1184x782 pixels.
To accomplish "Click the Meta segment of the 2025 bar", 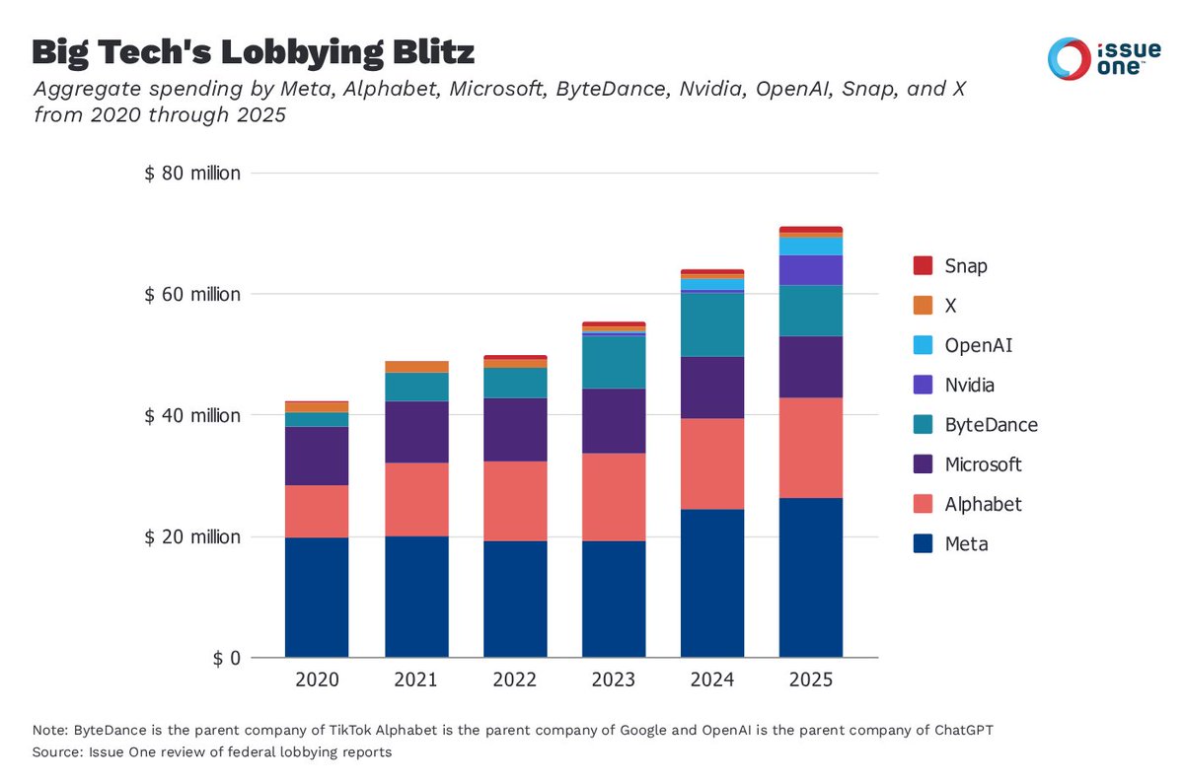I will (810, 577).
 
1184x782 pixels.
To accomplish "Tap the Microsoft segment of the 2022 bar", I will (515, 429).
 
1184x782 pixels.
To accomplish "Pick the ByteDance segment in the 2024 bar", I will (712, 324).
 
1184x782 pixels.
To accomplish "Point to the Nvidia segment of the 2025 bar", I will (810, 270).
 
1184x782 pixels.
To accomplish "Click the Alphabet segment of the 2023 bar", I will (614, 497).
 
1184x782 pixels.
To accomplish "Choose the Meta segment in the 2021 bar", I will (416, 597).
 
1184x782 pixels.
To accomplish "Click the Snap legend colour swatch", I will (923, 266).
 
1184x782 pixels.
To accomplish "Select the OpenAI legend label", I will (979, 345).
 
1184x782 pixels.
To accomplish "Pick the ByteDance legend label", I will (991, 425).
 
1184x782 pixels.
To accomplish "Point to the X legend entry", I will (950, 306).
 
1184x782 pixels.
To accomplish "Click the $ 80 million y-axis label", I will (192, 174).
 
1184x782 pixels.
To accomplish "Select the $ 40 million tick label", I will (192, 415).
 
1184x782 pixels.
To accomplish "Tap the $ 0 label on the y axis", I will (226, 658).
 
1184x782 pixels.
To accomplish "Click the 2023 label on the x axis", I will (614, 680).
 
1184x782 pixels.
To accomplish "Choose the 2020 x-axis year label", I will (317, 680).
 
